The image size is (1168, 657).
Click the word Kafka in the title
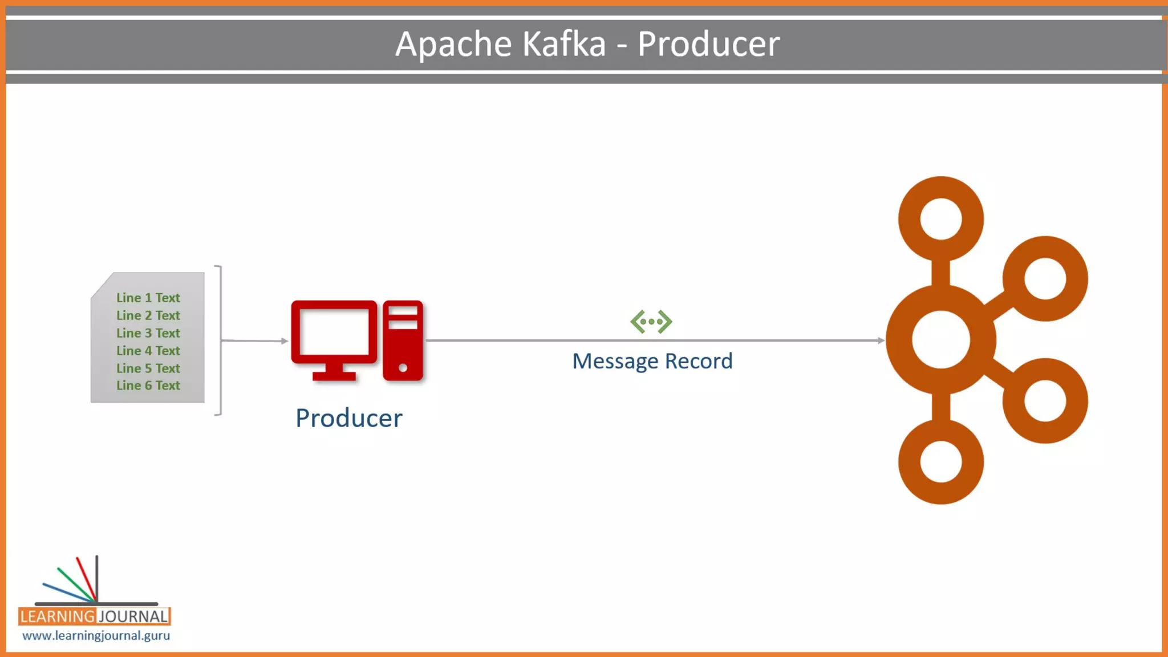[563, 44]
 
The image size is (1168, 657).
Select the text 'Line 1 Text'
[148, 298]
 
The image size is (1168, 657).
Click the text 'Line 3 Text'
[148, 333]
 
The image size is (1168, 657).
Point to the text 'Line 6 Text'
[148, 386]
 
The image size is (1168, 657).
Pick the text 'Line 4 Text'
[148, 351]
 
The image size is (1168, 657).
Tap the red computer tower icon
[403, 340]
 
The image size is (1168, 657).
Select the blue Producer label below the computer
[348, 418]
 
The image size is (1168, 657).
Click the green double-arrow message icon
[651, 322]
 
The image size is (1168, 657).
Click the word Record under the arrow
[699, 361]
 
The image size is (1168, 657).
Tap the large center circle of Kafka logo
[940, 340]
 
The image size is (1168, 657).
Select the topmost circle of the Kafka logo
[940, 219]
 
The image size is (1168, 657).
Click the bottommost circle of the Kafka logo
[940, 461]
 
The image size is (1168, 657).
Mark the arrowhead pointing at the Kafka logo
[881, 340]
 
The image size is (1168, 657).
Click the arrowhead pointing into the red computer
[285, 341]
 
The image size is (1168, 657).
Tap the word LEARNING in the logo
[57, 617]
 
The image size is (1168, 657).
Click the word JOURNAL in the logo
[133, 617]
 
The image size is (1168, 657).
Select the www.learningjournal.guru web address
[96, 635]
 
